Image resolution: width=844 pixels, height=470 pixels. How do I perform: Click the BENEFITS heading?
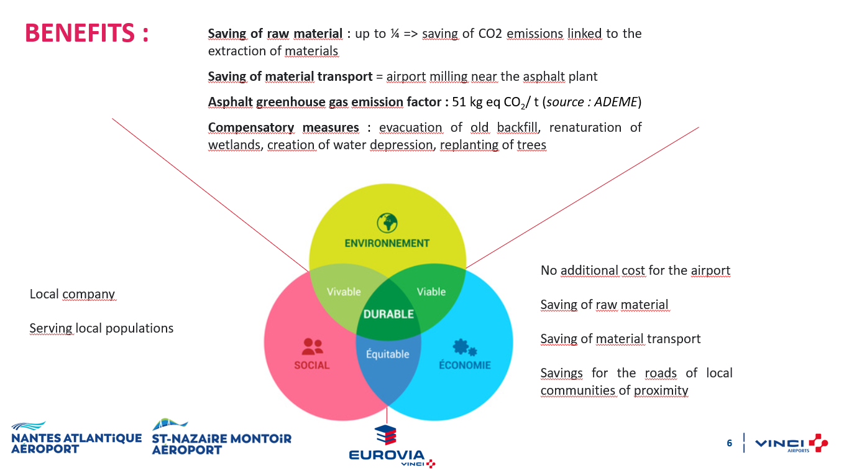tap(86, 33)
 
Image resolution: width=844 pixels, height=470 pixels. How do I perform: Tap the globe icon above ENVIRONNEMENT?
tap(387, 223)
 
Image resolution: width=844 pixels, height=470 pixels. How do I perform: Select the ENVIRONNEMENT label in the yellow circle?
tap(387, 244)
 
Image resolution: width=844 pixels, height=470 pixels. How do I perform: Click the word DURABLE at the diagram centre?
tap(388, 315)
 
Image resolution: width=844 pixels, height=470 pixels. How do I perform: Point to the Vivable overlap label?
tap(344, 292)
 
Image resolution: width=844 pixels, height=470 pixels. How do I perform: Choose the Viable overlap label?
tap(431, 292)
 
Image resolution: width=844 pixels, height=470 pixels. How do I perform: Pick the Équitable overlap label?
tap(388, 354)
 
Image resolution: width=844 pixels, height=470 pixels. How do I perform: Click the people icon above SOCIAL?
tap(313, 347)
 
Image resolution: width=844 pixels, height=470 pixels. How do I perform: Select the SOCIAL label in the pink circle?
tap(311, 365)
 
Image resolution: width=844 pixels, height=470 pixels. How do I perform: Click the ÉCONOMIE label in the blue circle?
tap(465, 364)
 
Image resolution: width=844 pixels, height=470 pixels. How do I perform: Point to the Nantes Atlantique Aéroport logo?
tap(76, 438)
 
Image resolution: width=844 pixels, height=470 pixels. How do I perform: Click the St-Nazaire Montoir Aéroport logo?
tap(221, 437)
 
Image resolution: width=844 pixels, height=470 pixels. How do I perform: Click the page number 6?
tap(730, 443)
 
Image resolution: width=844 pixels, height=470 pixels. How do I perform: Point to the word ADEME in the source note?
tap(616, 102)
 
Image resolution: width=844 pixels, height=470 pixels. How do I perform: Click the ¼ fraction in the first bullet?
tap(395, 34)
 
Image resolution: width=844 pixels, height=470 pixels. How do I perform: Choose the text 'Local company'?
tap(72, 294)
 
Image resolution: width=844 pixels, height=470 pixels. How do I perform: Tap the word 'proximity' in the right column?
tap(661, 390)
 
